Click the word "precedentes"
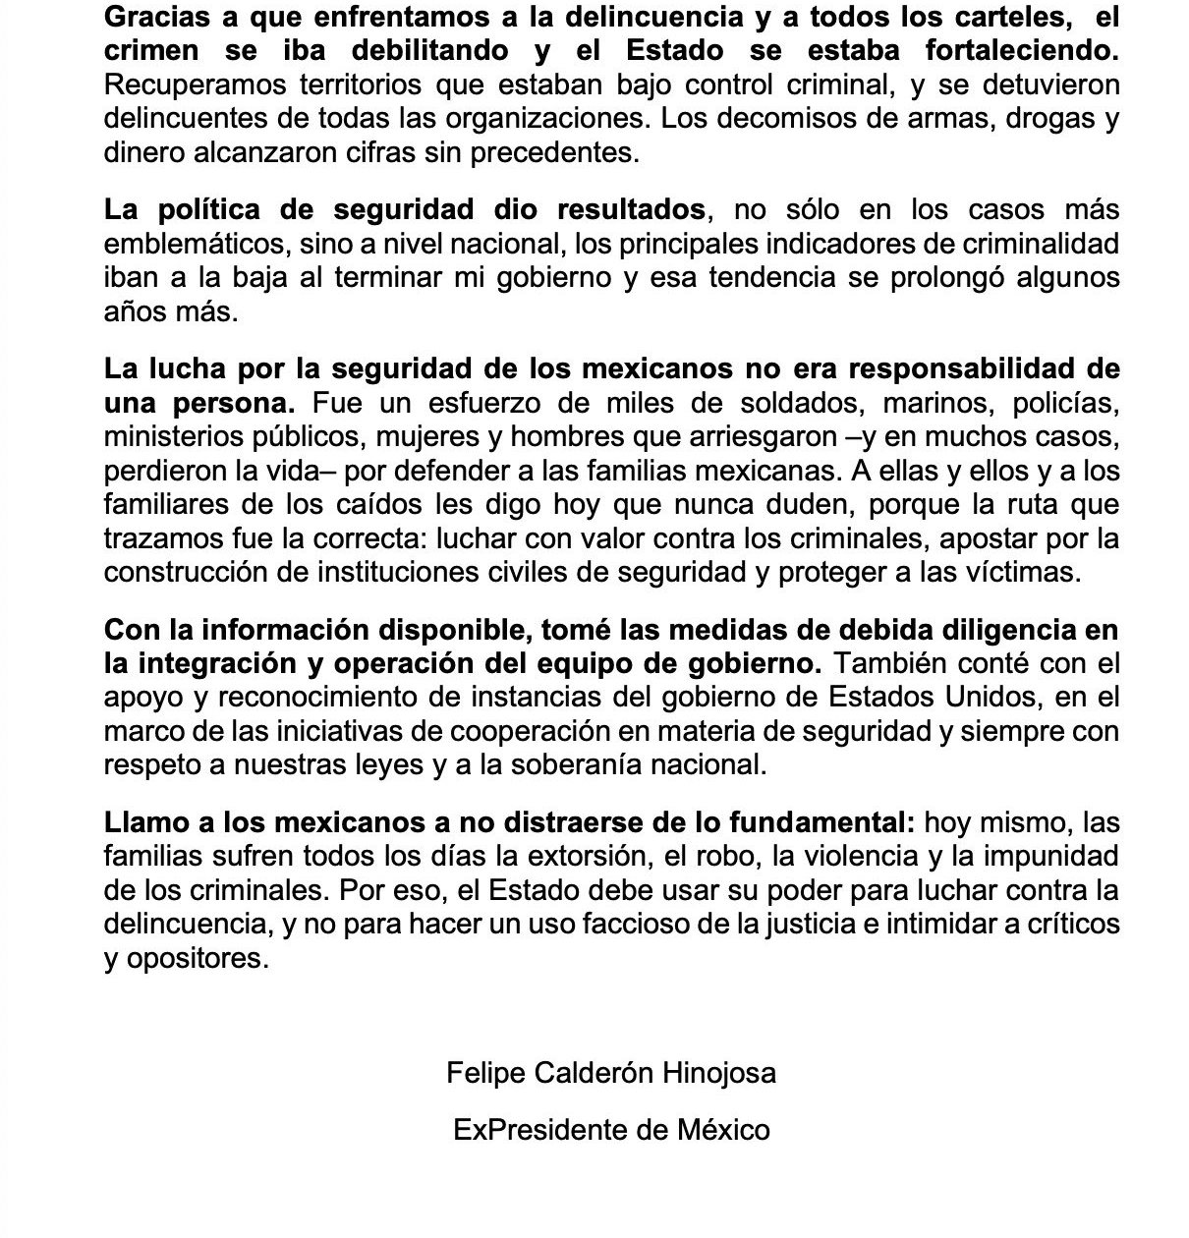point(558,152)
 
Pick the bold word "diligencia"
point(998,629)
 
